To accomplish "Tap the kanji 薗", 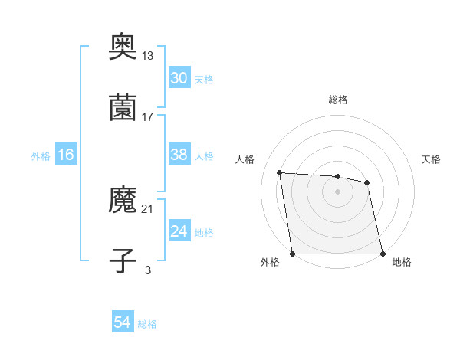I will (123, 109).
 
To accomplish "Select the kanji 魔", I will (123, 201).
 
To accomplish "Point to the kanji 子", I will (123, 260).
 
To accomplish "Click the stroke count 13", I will (148, 57).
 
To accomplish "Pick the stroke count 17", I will (148, 116).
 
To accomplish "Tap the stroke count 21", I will (148, 208).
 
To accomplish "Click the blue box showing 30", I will (179, 78).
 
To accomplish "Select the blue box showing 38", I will (179, 155).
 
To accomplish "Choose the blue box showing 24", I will (179, 231).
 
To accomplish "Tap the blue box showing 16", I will (66, 155).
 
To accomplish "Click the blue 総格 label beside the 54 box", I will (148, 324).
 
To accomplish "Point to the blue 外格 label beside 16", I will (41, 156).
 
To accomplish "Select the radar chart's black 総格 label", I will (338, 100).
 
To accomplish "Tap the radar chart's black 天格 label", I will (432, 159).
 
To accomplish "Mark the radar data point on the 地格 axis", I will (383, 254).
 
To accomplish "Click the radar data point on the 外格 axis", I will (292, 254).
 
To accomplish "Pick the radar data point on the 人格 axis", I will (280, 172).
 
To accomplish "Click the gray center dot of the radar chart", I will (337, 191).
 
